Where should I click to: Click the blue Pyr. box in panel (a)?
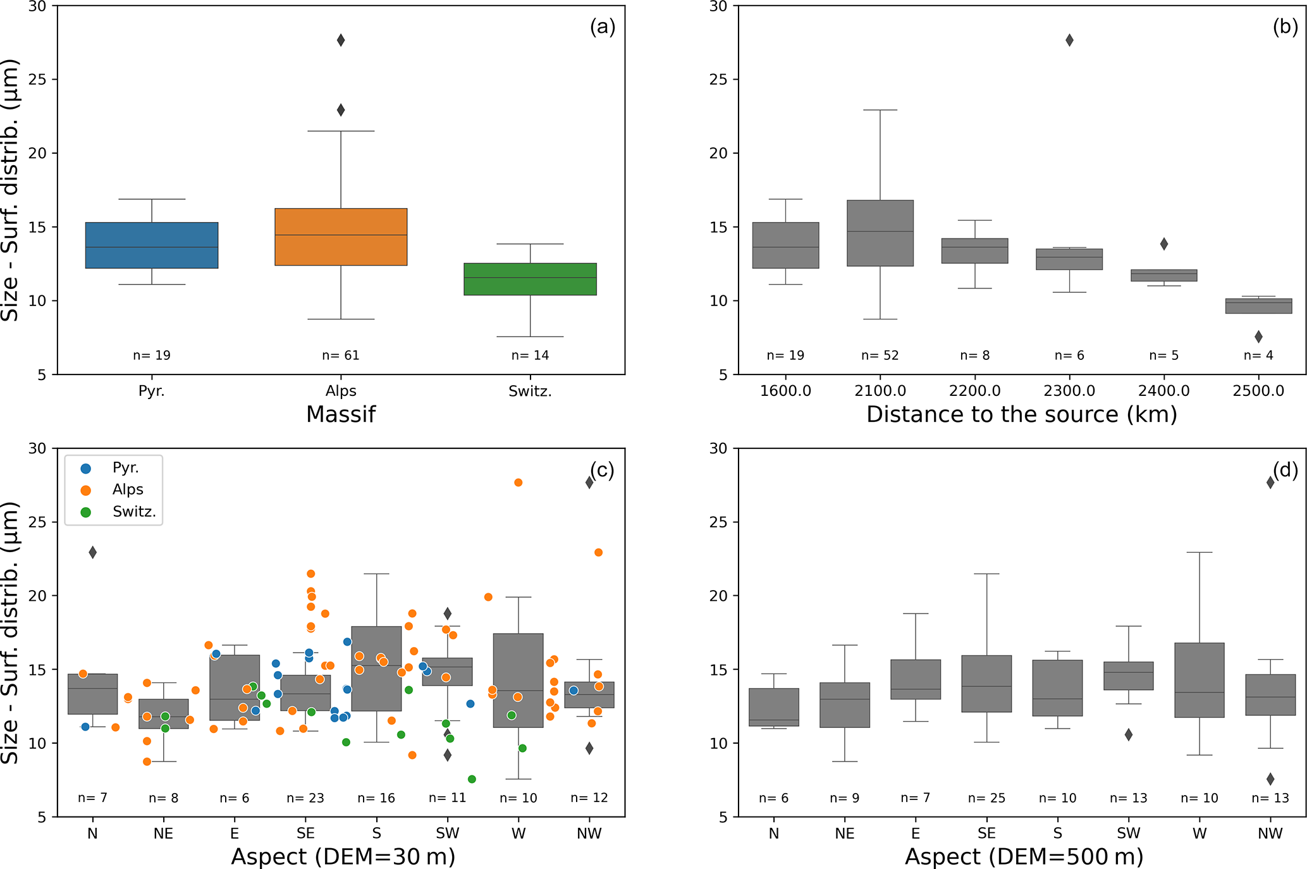(x=152, y=245)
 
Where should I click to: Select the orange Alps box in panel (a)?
(x=341, y=237)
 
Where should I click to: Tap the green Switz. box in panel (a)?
(x=530, y=279)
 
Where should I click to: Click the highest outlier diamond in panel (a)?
(x=341, y=40)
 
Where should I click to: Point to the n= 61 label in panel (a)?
(x=341, y=355)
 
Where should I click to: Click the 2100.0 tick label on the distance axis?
(x=880, y=391)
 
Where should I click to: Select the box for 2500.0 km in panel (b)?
(x=1258, y=306)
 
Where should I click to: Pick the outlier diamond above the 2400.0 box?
(x=1164, y=244)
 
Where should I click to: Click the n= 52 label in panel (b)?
(x=880, y=355)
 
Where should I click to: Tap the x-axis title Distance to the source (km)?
(x=1021, y=414)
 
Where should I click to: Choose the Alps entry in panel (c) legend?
(x=127, y=490)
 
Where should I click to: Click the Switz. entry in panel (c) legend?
(x=133, y=512)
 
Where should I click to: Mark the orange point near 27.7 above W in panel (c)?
(x=519, y=483)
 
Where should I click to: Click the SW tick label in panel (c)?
(x=447, y=834)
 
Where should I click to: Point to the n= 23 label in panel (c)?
(x=305, y=798)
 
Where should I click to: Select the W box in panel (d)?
(x=1200, y=680)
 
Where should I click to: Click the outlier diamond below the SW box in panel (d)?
(x=1129, y=735)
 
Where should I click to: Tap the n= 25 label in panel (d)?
(x=986, y=798)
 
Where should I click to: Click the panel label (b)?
(x=1285, y=27)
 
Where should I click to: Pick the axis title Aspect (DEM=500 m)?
(x=1024, y=856)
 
